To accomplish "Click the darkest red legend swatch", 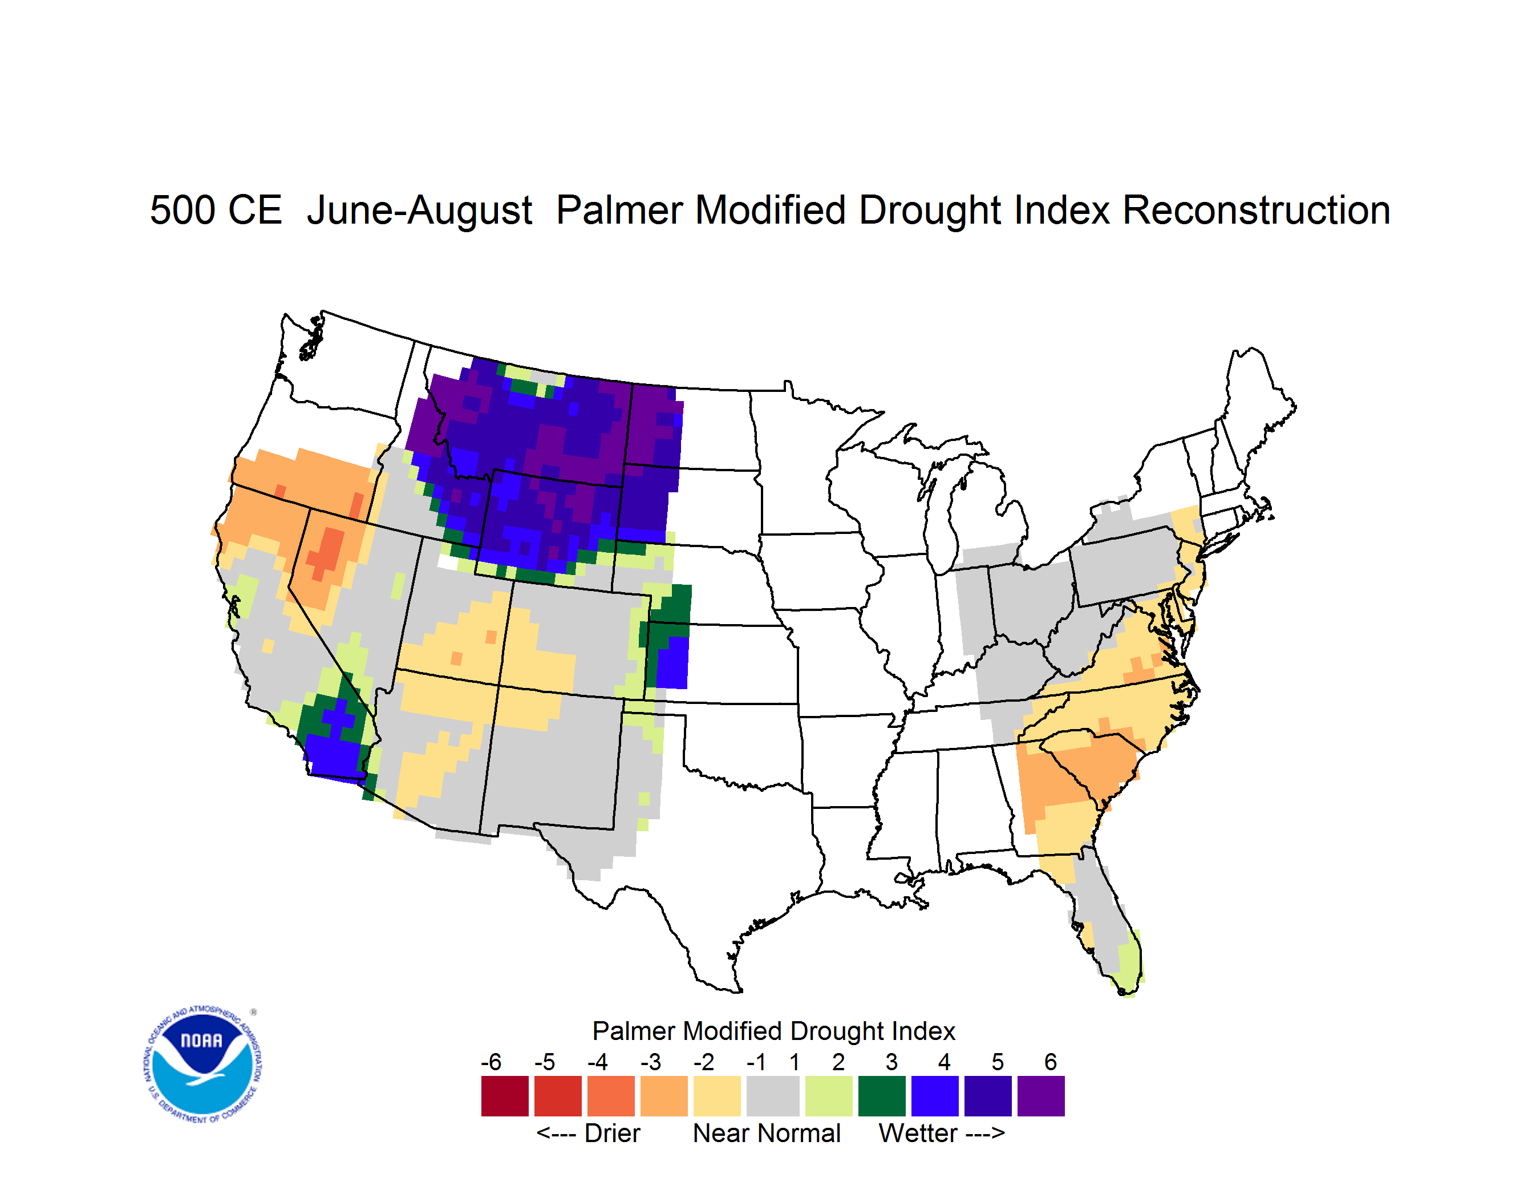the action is (505, 1096).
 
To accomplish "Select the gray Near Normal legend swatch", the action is (773, 1096).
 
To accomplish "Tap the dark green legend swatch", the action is (881, 1096).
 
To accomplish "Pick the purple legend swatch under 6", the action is (1041, 1096).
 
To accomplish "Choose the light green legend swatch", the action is (829, 1096).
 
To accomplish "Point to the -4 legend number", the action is (597, 1062).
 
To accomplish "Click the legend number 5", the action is (997, 1062).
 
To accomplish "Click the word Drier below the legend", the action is (612, 1133).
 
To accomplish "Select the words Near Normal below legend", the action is (767, 1133).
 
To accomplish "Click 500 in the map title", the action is (182, 210).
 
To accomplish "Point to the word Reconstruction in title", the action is (1256, 210).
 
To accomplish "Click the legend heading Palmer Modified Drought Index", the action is (773, 1031).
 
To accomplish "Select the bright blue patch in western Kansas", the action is (672, 663).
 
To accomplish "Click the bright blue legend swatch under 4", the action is (935, 1096).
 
